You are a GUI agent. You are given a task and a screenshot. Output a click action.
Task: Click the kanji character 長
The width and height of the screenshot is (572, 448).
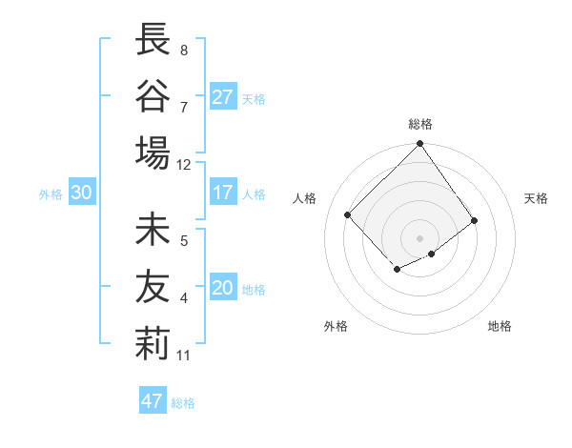[x=153, y=41]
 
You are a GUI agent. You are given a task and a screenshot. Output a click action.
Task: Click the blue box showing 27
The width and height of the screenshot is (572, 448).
[x=222, y=97]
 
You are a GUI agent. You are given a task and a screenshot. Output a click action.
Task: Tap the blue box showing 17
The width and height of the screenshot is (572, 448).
[x=222, y=193]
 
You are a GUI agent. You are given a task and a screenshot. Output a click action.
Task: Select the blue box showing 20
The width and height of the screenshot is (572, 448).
[x=222, y=289]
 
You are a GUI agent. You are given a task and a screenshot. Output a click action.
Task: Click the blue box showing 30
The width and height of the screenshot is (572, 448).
[x=81, y=193]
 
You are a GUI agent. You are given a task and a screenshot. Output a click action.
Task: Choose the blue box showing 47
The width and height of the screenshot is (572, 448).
[x=152, y=401]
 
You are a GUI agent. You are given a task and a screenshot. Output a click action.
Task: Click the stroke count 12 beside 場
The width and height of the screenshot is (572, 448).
[x=183, y=165]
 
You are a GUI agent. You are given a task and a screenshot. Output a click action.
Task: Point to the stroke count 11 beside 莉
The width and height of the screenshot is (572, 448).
[x=183, y=356]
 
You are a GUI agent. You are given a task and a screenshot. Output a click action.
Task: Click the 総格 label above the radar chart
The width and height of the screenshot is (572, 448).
[x=419, y=125]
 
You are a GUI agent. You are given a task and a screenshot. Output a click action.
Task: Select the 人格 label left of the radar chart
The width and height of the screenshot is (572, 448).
[x=305, y=198]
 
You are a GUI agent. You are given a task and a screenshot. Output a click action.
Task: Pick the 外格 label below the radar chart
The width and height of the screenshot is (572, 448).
[x=336, y=326]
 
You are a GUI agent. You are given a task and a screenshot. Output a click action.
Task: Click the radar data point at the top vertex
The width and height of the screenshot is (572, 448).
[x=419, y=145]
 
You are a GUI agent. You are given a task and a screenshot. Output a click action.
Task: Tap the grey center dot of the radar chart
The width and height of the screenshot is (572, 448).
[x=419, y=236]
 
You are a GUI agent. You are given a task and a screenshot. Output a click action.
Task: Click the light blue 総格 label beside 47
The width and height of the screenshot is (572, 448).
[x=183, y=403]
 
